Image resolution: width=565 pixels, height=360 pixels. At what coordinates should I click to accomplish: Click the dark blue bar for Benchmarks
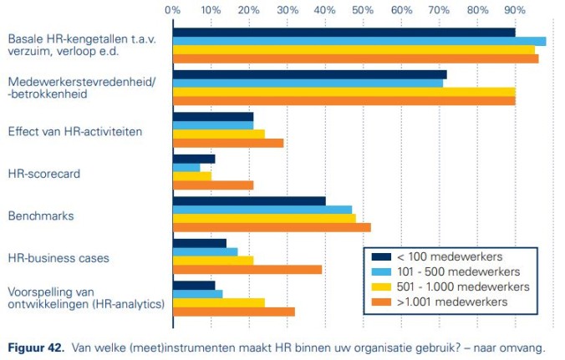pyautogui.click(x=249, y=200)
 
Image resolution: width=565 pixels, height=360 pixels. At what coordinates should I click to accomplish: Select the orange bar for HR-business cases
pyautogui.click(x=247, y=270)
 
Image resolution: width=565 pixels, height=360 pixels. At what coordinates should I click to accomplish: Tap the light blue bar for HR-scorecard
pyautogui.click(x=186, y=167)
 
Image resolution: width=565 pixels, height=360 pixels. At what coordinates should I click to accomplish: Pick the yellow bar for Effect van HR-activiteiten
pyautogui.click(x=219, y=134)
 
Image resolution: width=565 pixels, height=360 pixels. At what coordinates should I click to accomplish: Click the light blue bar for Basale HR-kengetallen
pyautogui.click(x=359, y=41)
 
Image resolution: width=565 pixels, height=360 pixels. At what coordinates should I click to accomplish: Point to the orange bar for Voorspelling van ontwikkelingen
pyautogui.click(x=234, y=312)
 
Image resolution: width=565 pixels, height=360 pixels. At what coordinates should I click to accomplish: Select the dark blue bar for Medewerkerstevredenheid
pyautogui.click(x=309, y=74)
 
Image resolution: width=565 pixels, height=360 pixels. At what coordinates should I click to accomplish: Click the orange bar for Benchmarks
pyautogui.click(x=272, y=227)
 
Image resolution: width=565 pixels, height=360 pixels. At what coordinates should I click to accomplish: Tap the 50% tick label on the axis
pyautogui.click(x=363, y=10)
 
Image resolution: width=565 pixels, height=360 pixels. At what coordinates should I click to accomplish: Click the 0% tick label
pyautogui.click(x=173, y=10)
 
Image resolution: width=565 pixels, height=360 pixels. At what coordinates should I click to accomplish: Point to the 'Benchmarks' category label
pyautogui.click(x=41, y=215)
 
